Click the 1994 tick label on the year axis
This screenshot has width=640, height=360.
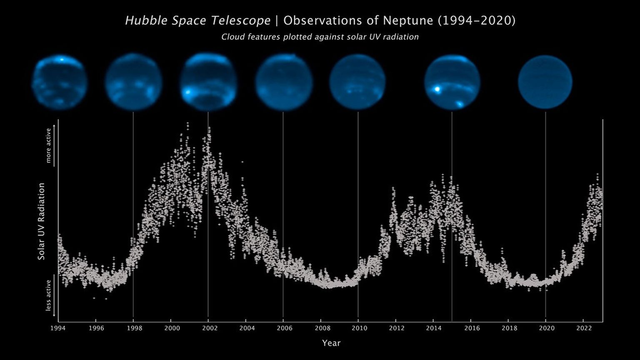pyautogui.click(x=58, y=328)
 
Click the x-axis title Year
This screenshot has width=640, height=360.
pyautogui.click(x=331, y=343)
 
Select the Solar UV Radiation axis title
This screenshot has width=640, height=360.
pyautogui.click(x=41, y=221)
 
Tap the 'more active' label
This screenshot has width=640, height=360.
pyautogui.click(x=48, y=145)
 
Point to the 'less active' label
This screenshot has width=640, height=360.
pyautogui.click(x=48, y=295)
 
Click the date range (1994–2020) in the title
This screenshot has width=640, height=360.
pyautogui.click(x=477, y=20)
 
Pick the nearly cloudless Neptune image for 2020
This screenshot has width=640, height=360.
pyautogui.click(x=545, y=82)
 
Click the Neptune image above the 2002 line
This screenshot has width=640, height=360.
pyautogui.click(x=208, y=82)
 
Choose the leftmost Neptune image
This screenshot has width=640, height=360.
pyautogui.click(x=60, y=82)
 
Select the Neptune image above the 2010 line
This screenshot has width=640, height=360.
pyautogui.click(x=358, y=82)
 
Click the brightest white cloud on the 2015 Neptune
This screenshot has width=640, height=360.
pyautogui.click(x=437, y=89)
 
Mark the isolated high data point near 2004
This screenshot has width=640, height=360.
pyautogui.click(x=242, y=162)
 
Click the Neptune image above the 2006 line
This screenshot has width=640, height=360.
pyautogui.click(x=284, y=82)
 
